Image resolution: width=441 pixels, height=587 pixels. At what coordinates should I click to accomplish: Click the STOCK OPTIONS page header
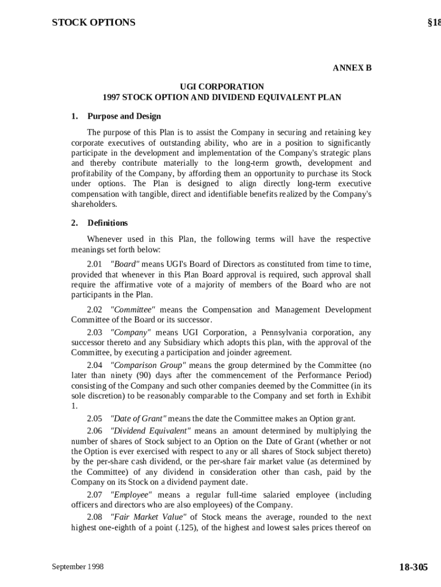93,22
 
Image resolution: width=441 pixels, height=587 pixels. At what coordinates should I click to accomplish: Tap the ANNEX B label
352,68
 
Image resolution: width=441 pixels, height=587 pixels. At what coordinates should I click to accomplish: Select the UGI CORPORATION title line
221,87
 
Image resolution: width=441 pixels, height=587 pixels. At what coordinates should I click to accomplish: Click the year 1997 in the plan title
111,97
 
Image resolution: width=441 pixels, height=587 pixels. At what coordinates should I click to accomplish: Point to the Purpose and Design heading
124,116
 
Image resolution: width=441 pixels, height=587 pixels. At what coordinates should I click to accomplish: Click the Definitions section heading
107,223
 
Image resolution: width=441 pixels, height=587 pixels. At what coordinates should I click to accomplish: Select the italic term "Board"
125,264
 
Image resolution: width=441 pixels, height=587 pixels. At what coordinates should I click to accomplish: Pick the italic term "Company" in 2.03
131,332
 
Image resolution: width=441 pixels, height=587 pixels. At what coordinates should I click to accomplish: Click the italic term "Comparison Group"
148,365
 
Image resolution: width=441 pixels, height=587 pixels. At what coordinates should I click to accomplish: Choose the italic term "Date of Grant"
138,418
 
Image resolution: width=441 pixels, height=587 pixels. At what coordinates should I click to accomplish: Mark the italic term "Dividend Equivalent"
150,431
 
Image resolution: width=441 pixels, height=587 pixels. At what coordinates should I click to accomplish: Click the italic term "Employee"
131,495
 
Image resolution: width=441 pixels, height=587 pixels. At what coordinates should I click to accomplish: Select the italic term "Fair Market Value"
145,517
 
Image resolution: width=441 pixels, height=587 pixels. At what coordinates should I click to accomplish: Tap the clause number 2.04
94,365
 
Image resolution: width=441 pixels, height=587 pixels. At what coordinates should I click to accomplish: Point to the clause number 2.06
94,431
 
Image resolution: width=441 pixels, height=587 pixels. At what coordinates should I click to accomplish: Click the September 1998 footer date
78,566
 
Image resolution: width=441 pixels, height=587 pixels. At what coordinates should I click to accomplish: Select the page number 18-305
413,567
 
